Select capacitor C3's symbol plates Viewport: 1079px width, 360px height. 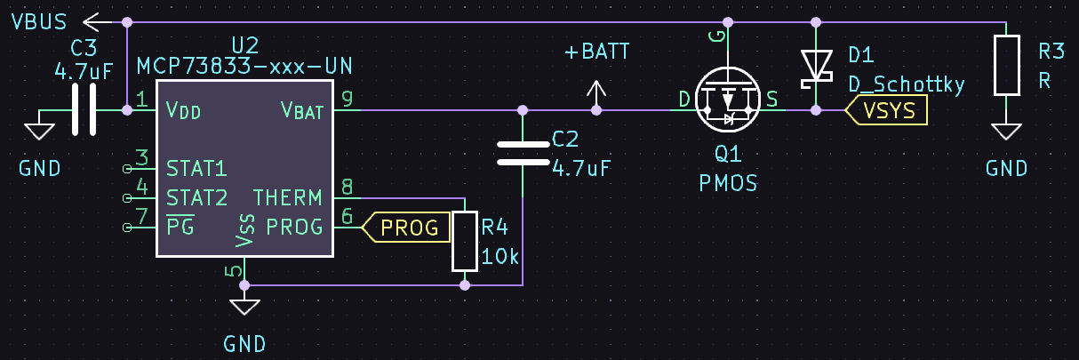84,110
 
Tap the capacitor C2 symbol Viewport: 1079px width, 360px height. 523,153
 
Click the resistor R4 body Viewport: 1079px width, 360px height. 465,241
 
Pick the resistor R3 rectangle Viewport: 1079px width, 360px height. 1006,65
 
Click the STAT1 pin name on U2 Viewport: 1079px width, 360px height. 196,168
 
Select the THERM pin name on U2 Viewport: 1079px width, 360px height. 288,197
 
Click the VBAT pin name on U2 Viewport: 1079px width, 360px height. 302,110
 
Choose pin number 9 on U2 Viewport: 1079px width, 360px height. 347,98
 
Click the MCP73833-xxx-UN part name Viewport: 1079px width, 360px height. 244,67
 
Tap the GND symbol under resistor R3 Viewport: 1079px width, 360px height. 1006,132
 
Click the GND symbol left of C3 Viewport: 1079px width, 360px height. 37,132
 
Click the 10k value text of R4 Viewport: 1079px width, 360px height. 500,257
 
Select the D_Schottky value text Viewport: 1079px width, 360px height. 906,84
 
